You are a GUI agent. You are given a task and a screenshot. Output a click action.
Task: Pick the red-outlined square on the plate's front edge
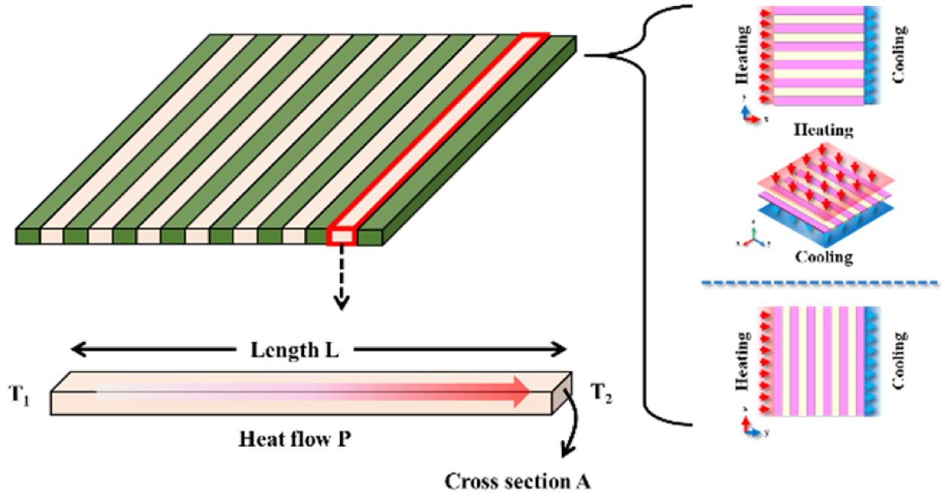coord(341,235)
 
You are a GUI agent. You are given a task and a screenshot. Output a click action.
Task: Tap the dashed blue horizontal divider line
coord(819,283)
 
